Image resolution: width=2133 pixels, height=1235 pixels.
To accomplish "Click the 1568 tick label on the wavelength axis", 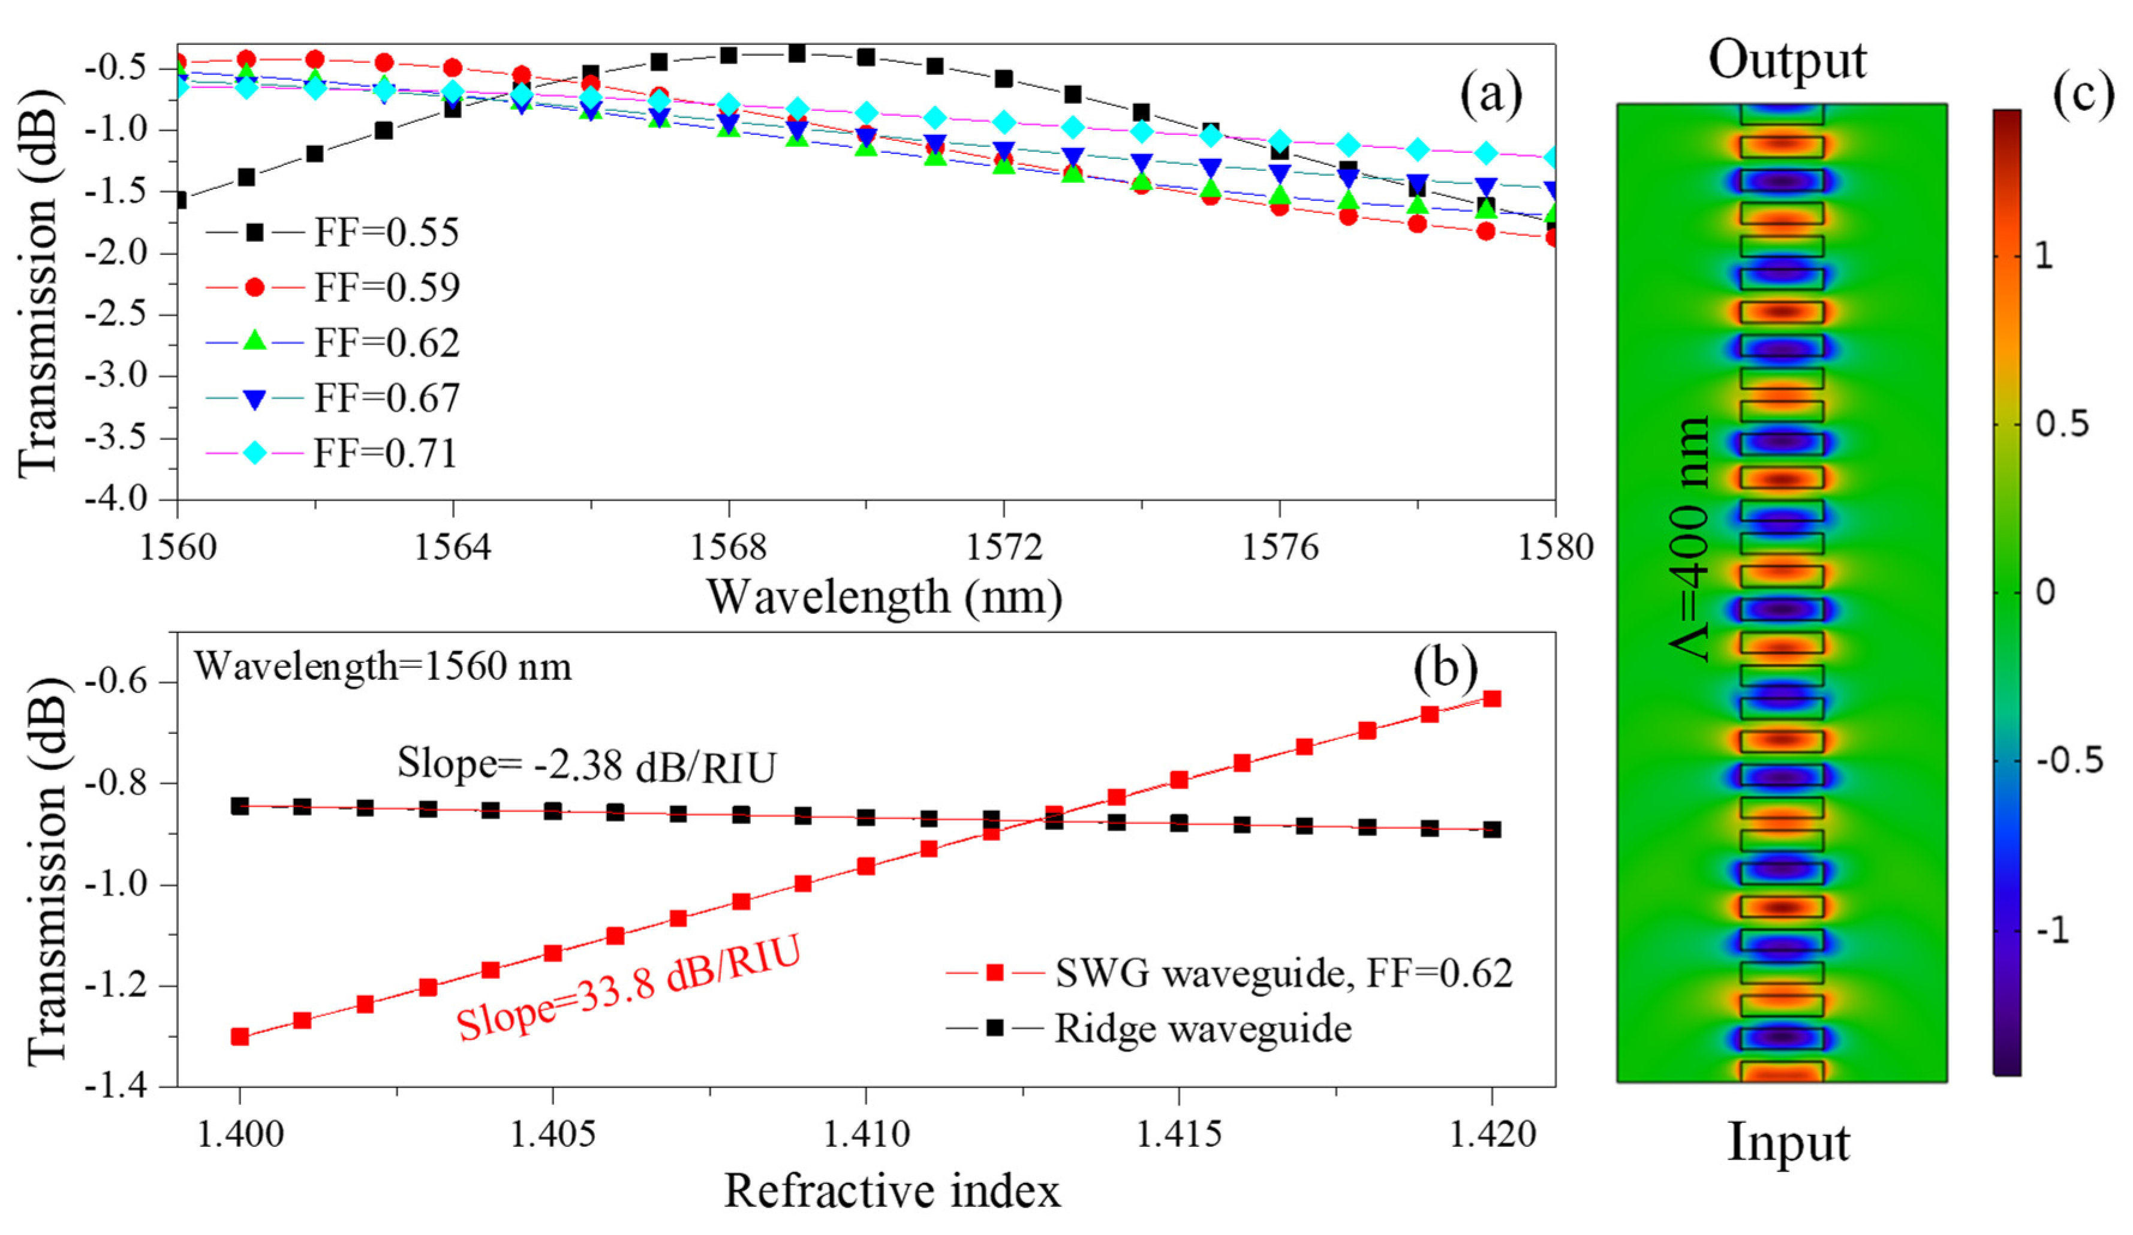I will tap(728, 548).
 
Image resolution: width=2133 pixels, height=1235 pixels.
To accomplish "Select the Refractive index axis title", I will tap(891, 1192).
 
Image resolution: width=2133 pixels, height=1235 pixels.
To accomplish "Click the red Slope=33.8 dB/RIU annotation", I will tap(628, 990).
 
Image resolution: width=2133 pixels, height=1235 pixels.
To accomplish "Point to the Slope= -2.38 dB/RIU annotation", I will tap(586, 765).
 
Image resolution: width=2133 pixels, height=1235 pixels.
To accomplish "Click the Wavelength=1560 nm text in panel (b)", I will tap(383, 667).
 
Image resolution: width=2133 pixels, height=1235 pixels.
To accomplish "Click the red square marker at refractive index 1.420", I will tap(1492, 699).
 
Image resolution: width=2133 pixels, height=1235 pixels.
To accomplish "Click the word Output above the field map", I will tap(1787, 61).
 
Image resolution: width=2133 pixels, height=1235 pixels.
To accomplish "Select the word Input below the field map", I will tap(1788, 1143).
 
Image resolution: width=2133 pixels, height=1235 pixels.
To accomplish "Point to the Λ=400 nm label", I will tap(1691, 538).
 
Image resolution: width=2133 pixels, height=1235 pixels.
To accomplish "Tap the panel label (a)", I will tap(1491, 95).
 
